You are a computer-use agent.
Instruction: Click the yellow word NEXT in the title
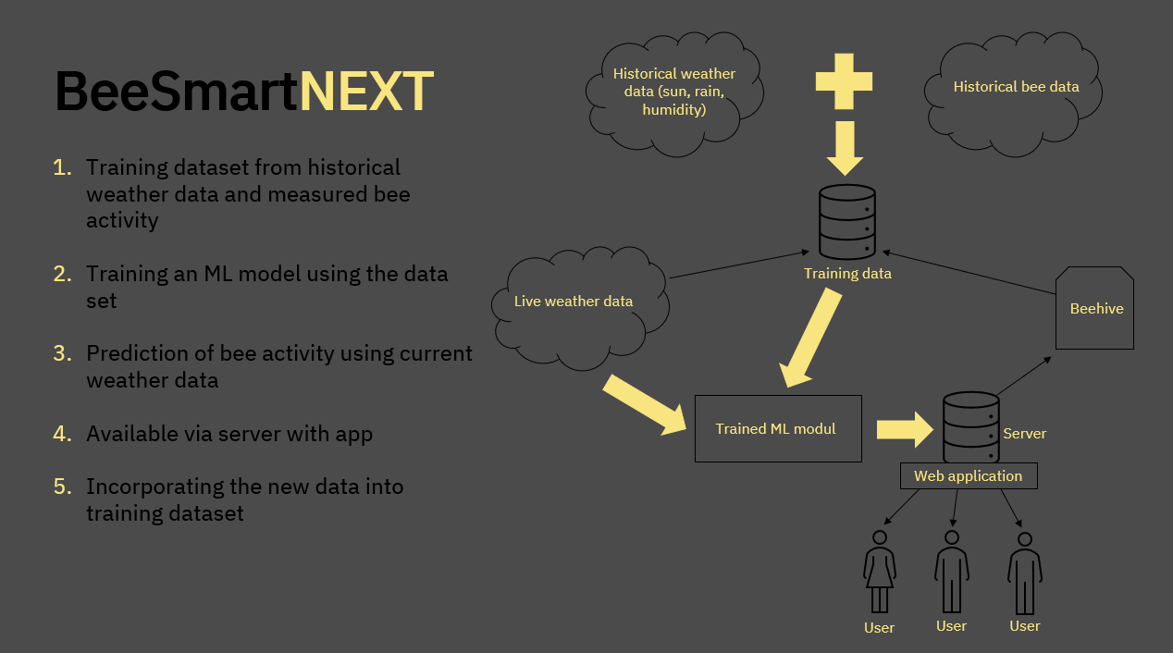coord(366,92)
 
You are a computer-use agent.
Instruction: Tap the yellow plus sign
coord(844,81)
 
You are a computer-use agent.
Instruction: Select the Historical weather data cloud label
coord(674,92)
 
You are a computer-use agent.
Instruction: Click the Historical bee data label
coord(1016,86)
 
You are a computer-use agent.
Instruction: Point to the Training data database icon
coord(847,221)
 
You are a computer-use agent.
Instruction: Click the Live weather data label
coord(574,302)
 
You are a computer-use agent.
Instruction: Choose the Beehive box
coord(1094,308)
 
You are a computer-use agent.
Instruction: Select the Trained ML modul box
coord(778,428)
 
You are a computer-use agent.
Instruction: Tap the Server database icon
coord(970,427)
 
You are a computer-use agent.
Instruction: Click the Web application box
coord(969,475)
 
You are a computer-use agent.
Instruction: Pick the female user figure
coord(880,572)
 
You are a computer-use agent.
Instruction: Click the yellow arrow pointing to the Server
coord(905,429)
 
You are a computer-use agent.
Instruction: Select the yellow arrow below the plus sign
coord(845,148)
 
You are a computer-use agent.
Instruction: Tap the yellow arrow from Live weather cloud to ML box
coord(645,405)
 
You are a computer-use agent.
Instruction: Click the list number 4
coord(62,434)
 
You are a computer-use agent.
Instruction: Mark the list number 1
coord(62,167)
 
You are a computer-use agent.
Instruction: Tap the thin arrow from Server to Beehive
coord(1024,376)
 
